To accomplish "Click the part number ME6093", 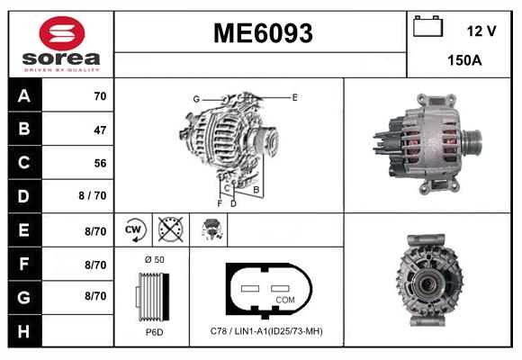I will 262,34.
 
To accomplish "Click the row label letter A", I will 23,95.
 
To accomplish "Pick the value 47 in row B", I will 99,130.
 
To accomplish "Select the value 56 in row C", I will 99,163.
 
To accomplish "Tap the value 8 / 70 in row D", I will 93,196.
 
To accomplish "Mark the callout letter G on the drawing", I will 195,98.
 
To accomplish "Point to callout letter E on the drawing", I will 294,95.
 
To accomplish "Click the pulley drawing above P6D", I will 152,293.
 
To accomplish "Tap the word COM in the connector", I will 284,299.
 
